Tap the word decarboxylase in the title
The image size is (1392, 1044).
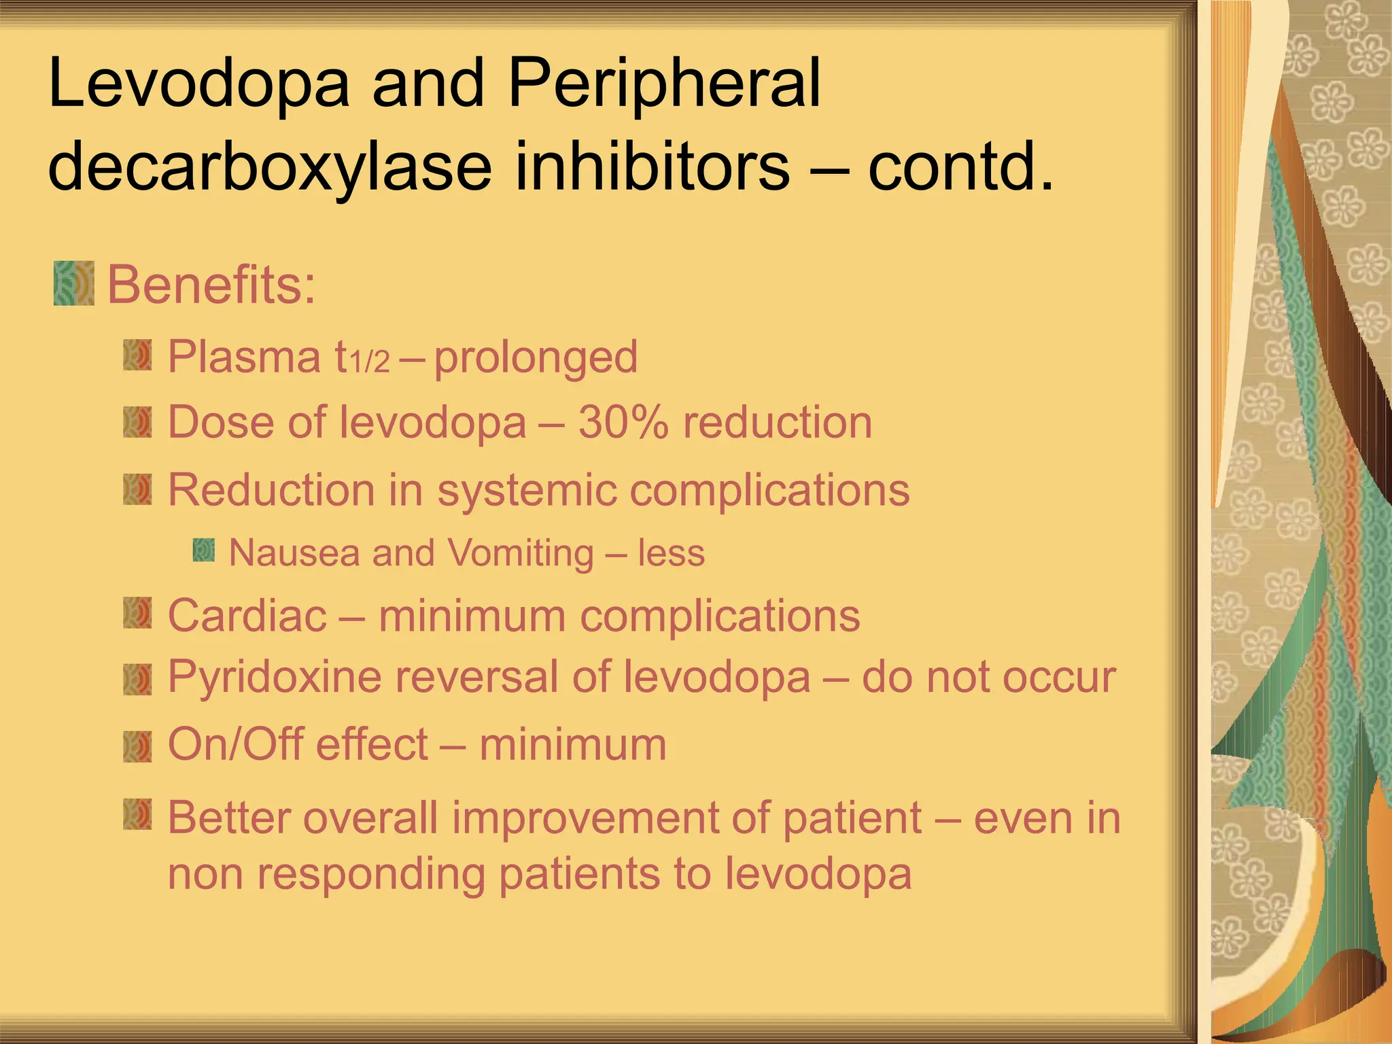(x=269, y=166)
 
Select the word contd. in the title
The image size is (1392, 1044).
(x=960, y=166)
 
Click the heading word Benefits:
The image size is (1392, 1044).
(x=211, y=285)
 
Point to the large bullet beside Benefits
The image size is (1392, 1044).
(x=73, y=283)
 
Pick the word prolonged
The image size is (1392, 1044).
(x=536, y=357)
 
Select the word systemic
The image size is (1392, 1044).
(x=526, y=489)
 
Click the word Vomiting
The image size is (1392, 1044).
(x=521, y=553)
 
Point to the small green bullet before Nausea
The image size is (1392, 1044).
(x=203, y=550)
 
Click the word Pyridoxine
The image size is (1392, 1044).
(x=275, y=677)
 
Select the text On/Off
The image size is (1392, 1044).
(x=230, y=744)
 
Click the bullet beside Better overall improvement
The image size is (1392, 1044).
(x=137, y=815)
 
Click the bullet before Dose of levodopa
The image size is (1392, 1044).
(x=137, y=422)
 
